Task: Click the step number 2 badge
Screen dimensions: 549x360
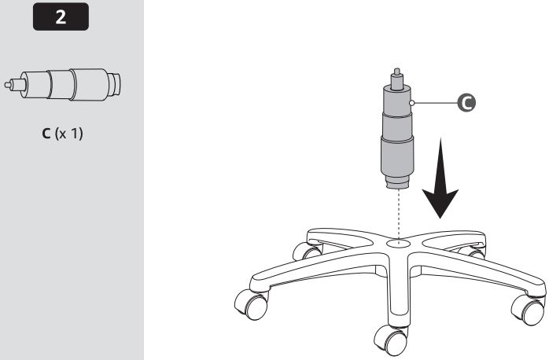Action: click(61, 17)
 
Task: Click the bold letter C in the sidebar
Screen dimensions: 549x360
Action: click(46, 134)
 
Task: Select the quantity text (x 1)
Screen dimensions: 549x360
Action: click(68, 134)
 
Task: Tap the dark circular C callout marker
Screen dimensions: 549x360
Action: click(466, 103)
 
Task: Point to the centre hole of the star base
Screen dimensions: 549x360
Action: click(399, 242)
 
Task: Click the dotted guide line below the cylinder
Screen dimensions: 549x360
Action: click(399, 215)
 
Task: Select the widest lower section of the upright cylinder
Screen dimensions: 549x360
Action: click(397, 156)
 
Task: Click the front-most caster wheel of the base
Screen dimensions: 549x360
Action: click(390, 340)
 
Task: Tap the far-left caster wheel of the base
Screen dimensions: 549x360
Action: click(251, 303)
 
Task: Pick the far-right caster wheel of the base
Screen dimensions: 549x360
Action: click(529, 309)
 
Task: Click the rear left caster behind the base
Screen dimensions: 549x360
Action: click(307, 251)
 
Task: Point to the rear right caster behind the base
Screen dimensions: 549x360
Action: click(472, 252)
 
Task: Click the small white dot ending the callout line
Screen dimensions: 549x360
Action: click(412, 103)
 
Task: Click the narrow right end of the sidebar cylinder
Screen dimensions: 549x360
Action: click(115, 85)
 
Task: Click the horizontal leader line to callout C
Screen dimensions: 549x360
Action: click(436, 103)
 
